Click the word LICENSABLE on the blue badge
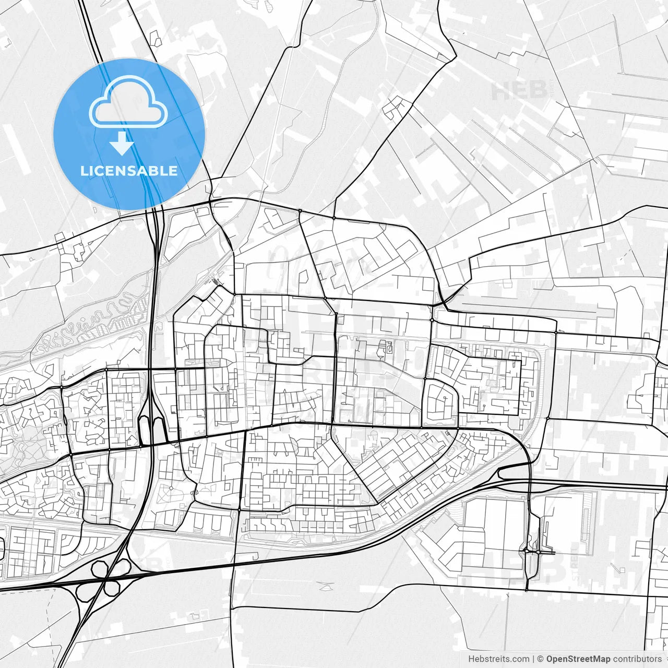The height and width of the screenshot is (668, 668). pos(129,171)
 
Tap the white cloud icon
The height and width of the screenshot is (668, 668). pos(128,103)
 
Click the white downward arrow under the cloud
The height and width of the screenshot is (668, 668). pos(122,144)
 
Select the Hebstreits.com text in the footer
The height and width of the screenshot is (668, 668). pos(498,659)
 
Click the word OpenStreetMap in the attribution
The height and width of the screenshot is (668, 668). pos(578,659)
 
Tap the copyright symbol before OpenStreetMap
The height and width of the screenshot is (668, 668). pos(541,659)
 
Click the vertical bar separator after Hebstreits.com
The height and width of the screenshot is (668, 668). pos(533,659)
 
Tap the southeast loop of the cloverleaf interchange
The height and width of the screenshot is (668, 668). pos(112,588)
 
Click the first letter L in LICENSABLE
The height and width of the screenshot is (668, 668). pos(83,171)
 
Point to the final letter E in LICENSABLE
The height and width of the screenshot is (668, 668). pos(173,171)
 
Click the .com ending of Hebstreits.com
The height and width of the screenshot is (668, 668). pos(519,659)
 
